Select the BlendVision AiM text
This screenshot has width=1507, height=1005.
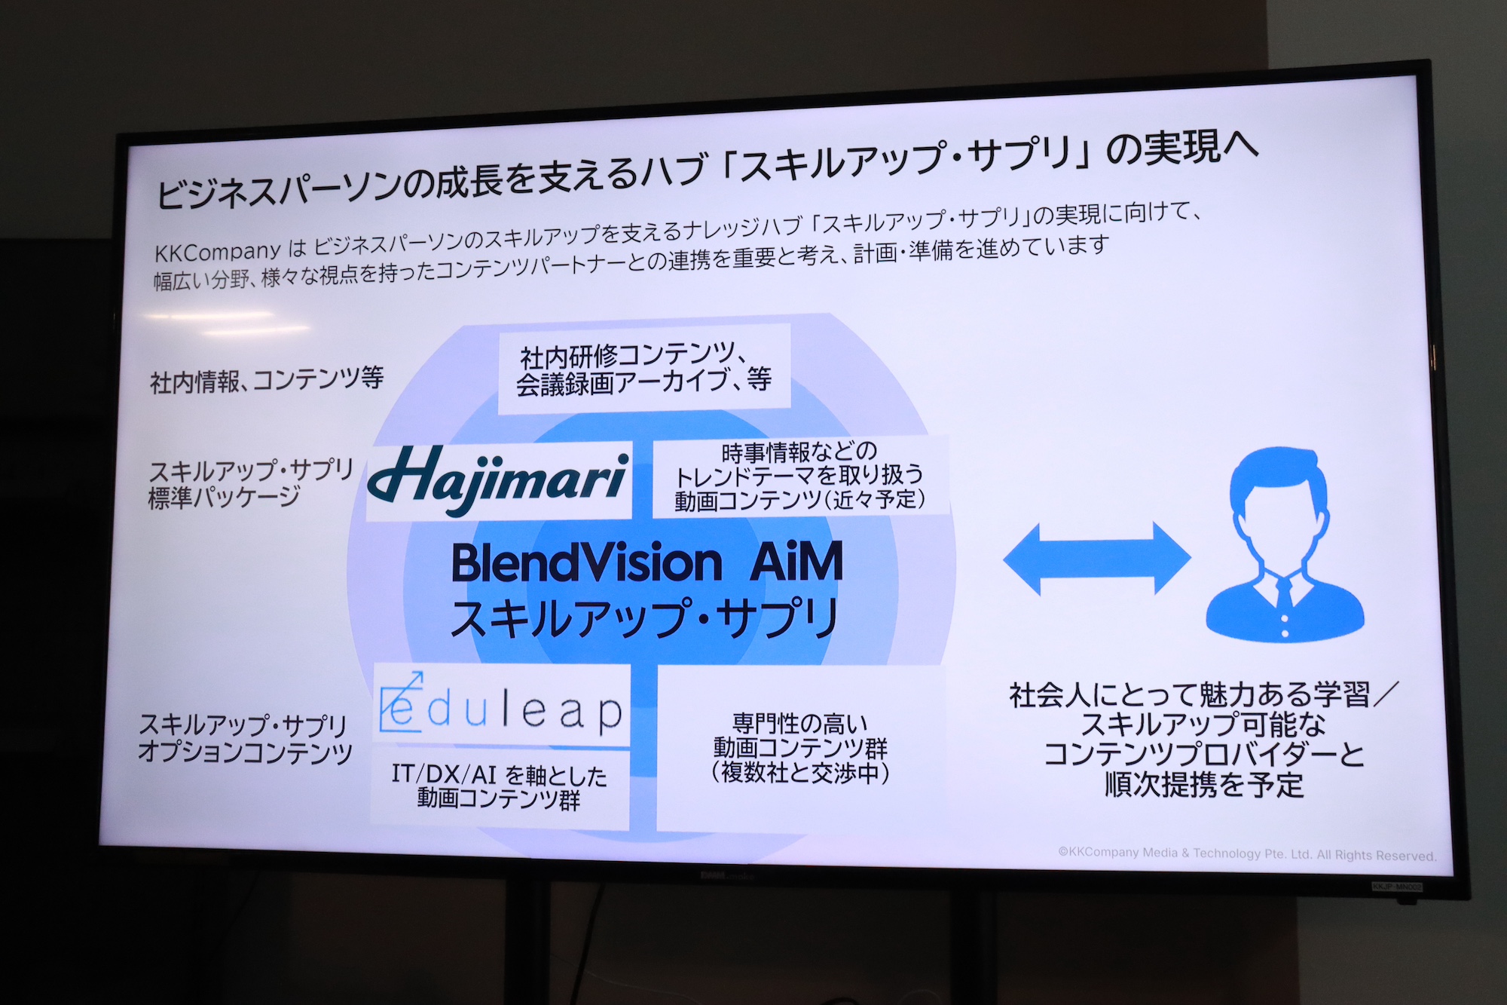click(647, 562)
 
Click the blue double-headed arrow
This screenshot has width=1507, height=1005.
click(1096, 558)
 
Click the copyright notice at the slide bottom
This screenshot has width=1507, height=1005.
click(1247, 853)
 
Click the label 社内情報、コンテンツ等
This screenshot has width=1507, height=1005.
click(267, 379)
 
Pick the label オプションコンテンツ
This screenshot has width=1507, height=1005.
click(246, 752)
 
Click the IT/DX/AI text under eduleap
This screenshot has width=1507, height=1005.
click(499, 774)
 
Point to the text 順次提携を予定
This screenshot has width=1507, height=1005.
click(1204, 785)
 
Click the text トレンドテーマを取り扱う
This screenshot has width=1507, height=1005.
click(799, 476)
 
